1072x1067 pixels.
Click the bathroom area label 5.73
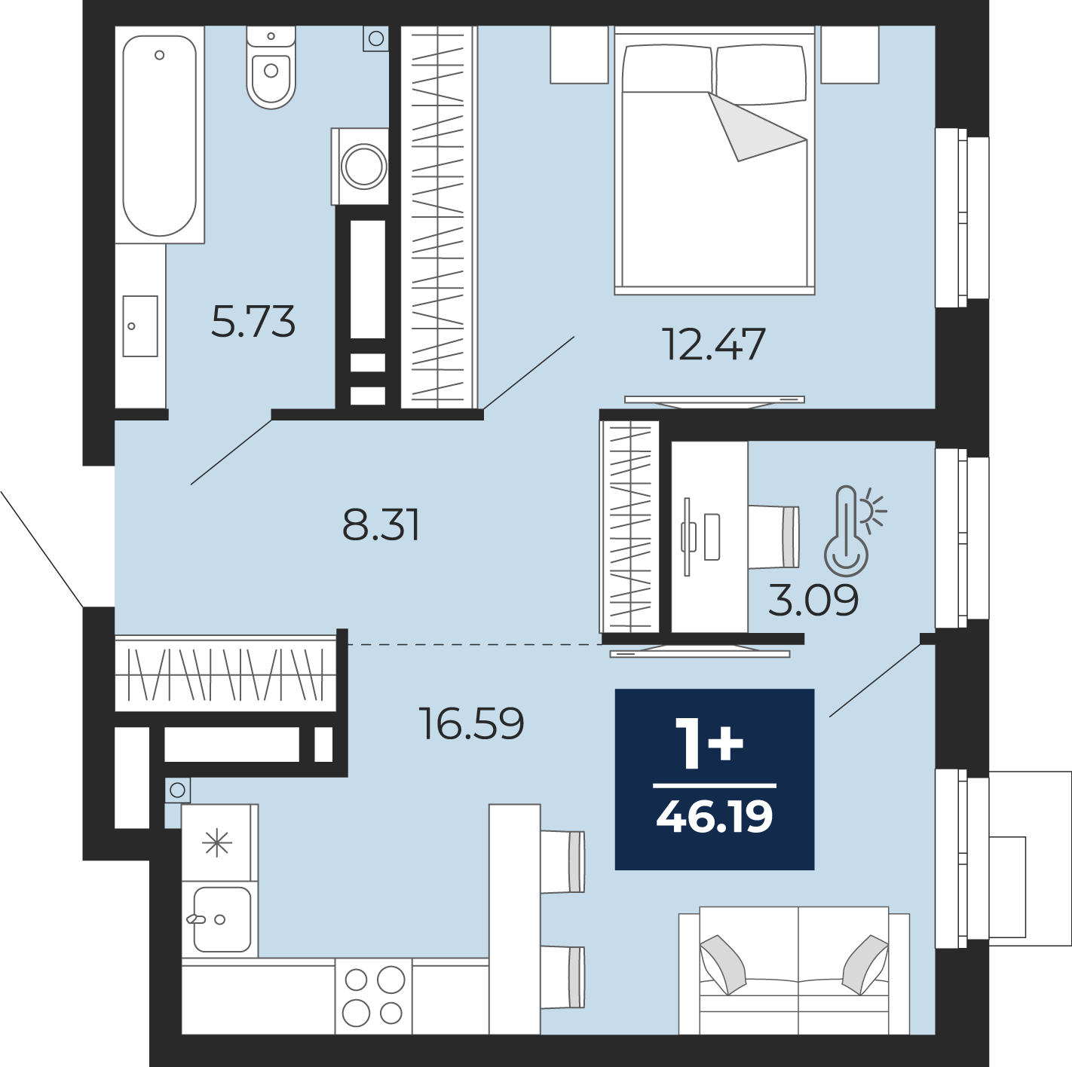coord(253,322)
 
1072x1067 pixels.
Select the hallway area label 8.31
coord(381,524)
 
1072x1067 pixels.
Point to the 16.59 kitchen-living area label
coord(472,723)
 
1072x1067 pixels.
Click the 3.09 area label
coord(813,601)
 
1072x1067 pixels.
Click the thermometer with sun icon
coord(855,530)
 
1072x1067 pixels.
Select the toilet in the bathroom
coord(271,67)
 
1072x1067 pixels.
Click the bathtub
coord(160,135)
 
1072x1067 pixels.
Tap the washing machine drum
coord(364,167)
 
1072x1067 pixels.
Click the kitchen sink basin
coord(222,919)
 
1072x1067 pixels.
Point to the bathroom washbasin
coord(140,326)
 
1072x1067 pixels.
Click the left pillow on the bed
coord(667,69)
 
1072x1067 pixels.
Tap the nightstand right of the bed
coord(850,54)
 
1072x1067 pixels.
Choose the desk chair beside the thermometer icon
coord(773,537)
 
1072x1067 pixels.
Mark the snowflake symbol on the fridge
coord(217,842)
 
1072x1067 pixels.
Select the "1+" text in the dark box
coord(709,743)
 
